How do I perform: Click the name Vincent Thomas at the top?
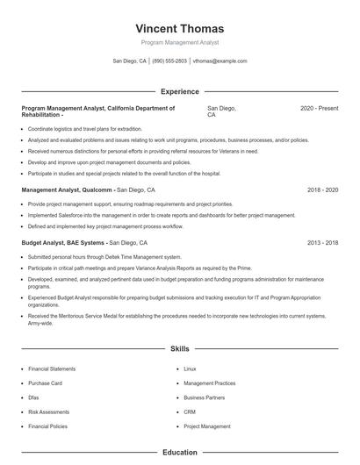pyautogui.click(x=179, y=28)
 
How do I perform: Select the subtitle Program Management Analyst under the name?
pyautogui.click(x=179, y=42)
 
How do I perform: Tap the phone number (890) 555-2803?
pyautogui.click(x=169, y=61)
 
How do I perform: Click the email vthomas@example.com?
pyautogui.click(x=220, y=61)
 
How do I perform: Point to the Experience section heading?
pyautogui.click(x=179, y=91)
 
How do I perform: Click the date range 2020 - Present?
pyautogui.click(x=319, y=108)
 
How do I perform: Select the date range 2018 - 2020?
pyautogui.click(x=322, y=190)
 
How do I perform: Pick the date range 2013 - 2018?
pyautogui.click(x=322, y=242)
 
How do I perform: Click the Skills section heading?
pyautogui.click(x=179, y=348)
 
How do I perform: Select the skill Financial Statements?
pyautogui.click(x=52, y=369)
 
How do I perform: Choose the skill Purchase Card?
pyautogui.click(x=45, y=383)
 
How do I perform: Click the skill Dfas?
pyautogui.click(x=34, y=397)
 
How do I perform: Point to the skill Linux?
pyautogui.click(x=190, y=369)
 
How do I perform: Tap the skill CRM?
pyautogui.click(x=189, y=411)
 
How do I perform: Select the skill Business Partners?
pyautogui.click(x=205, y=397)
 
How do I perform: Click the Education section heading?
pyautogui.click(x=179, y=453)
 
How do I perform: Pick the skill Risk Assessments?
pyautogui.click(x=48, y=411)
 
